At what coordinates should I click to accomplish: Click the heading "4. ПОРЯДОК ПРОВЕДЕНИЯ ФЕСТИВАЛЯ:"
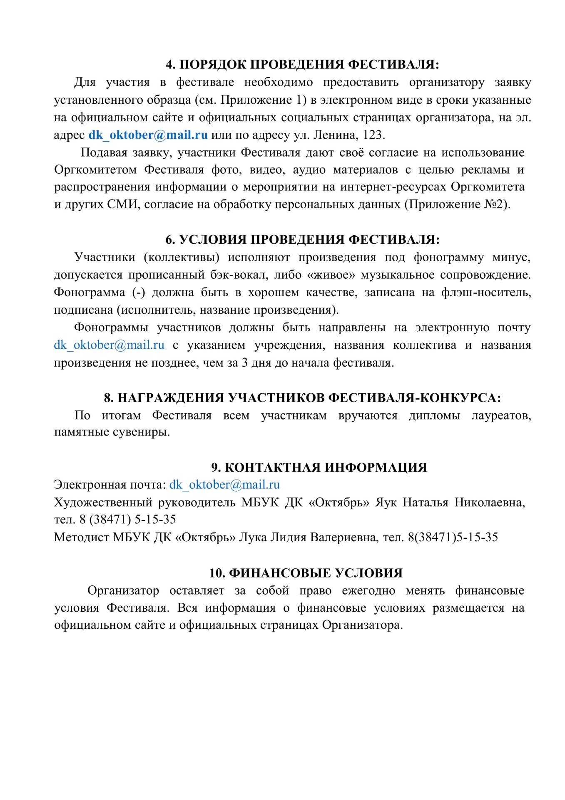tap(302, 65)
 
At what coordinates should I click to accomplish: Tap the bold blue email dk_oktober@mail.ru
tap(148, 135)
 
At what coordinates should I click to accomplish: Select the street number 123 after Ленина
tap(373, 135)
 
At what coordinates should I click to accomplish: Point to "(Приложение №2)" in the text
tap(457, 204)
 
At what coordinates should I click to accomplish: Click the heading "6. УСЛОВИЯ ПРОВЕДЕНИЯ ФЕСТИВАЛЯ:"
tap(302, 240)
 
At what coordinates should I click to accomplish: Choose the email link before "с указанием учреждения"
tap(109, 345)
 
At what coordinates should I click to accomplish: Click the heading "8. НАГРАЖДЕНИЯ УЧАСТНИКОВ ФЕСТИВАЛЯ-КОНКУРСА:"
tap(302, 398)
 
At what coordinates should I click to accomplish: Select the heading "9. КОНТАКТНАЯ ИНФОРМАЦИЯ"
tap(319, 467)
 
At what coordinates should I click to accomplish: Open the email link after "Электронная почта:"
tap(224, 485)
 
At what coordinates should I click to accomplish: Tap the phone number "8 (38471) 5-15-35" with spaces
tap(128, 520)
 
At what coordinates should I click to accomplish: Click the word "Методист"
tap(82, 537)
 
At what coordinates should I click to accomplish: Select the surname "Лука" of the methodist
tap(253, 537)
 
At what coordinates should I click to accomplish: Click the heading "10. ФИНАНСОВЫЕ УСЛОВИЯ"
tap(306, 573)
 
